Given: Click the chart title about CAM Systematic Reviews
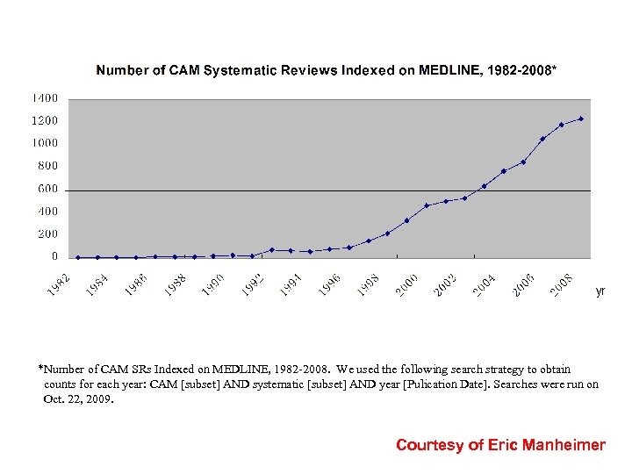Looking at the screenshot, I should pos(326,70).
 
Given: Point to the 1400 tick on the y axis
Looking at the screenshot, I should pos(45,97).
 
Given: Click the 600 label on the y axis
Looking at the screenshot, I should pos(47,189).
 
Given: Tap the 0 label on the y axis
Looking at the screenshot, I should pos(54,257).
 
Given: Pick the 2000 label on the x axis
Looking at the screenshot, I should pos(406,284).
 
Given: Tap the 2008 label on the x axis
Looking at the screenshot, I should pos(562,284).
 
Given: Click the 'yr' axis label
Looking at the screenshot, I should pos(600,291).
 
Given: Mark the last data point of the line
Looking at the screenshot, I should pos(581,118).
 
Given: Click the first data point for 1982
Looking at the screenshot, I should pos(78,257).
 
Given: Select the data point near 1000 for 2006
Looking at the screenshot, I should pos(542,139).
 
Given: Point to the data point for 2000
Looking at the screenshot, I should pos(406,220).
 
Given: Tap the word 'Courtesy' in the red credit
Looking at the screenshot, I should pos(429,445).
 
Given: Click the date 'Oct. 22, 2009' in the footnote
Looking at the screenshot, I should pos(79,399).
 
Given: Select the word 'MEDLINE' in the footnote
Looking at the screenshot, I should pos(206,369).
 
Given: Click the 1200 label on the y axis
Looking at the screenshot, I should pos(45,120).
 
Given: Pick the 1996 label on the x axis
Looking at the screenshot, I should pos(330,284).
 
